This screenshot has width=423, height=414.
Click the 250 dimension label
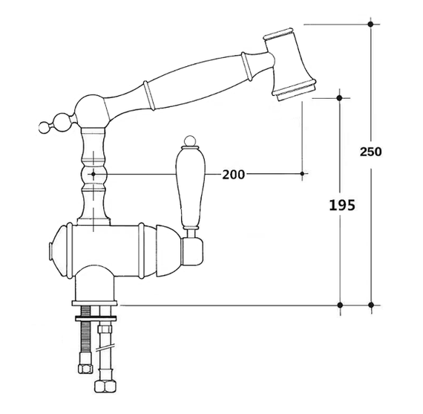coord(370,152)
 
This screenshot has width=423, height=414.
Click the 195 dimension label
coord(342,205)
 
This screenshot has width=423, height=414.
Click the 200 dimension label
coord(234,175)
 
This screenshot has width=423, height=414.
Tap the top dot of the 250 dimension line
coord(370,24)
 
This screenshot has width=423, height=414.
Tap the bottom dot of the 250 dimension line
coord(371,305)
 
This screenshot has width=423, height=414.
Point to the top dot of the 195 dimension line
coord(339,98)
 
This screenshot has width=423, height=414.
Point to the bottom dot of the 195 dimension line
coord(340,305)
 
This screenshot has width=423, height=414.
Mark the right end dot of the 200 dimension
coord(302,173)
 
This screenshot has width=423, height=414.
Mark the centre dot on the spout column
coord(94,175)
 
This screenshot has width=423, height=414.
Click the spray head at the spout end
coord(289,64)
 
